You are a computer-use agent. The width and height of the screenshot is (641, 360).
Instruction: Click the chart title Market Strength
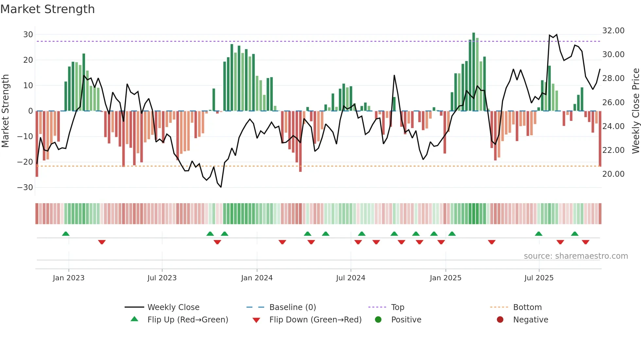click(47, 9)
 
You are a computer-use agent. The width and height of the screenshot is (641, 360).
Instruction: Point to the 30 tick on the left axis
click(28, 35)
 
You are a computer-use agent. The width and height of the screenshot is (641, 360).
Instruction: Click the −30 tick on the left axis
click(25, 188)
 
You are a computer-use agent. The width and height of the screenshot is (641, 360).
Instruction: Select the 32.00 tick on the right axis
click(613, 31)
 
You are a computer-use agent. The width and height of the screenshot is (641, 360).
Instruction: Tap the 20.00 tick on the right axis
click(613, 174)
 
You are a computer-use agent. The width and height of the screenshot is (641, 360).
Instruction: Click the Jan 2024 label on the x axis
click(257, 278)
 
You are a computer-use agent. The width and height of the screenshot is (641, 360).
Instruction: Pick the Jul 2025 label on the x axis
click(539, 278)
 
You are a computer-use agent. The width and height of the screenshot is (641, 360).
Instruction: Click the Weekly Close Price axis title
click(635, 111)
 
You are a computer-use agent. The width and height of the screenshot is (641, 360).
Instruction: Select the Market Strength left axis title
click(6, 111)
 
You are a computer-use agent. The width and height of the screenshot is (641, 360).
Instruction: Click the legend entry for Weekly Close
click(173, 307)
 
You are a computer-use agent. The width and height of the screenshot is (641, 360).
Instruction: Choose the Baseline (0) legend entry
click(292, 307)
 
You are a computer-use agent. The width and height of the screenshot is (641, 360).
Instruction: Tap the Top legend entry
click(398, 307)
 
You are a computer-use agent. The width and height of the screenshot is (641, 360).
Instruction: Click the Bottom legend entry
click(527, 307)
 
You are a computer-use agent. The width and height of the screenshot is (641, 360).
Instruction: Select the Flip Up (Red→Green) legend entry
click(187, 320)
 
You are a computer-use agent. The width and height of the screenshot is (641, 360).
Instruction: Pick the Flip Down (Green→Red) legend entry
click(315, 320)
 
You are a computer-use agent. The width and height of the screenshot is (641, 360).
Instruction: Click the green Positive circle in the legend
click(378, 320)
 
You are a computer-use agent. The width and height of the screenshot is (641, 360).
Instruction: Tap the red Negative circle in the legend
click(500, 320)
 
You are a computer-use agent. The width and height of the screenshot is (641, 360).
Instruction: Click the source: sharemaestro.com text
click(576, 256)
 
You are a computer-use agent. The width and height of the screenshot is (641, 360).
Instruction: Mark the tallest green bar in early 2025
click(474, 72)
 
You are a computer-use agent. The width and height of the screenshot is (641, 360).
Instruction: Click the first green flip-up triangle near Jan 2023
click(66, 234)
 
